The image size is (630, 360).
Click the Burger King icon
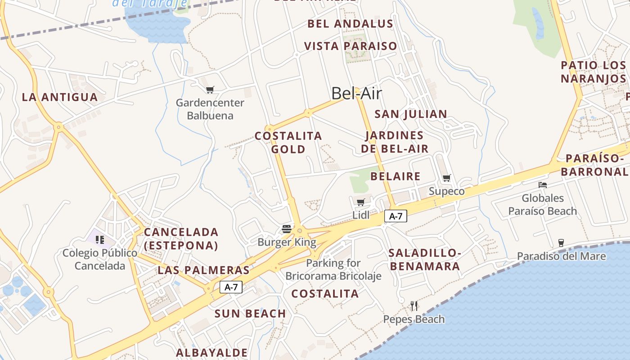click(287, 229)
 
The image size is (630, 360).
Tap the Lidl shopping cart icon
click(360, 202)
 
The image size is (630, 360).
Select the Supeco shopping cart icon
click(446, 178)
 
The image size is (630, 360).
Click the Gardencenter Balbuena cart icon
click(210, 90)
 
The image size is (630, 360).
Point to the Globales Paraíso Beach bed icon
click(543, 184)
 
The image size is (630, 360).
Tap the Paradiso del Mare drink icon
click(561, 243)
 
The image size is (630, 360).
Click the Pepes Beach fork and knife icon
click(414, 306)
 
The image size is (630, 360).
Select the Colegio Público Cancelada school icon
click(99, 239)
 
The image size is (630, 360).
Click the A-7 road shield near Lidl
click(396, 216)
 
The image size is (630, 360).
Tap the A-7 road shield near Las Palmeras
click(231, 287)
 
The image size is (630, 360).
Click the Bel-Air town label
click(356, 94)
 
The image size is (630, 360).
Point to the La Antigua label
click(60, 97)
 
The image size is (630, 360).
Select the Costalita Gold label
click(288, 142)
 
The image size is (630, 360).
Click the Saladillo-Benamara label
click(425, 259)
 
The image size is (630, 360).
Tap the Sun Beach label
click(250, 314)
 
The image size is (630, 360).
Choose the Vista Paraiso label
click(351, 46)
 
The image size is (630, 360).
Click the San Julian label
click(411, 114)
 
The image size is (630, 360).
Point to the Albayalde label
click(212, 352)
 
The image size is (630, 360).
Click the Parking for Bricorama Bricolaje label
click(333, 269)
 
